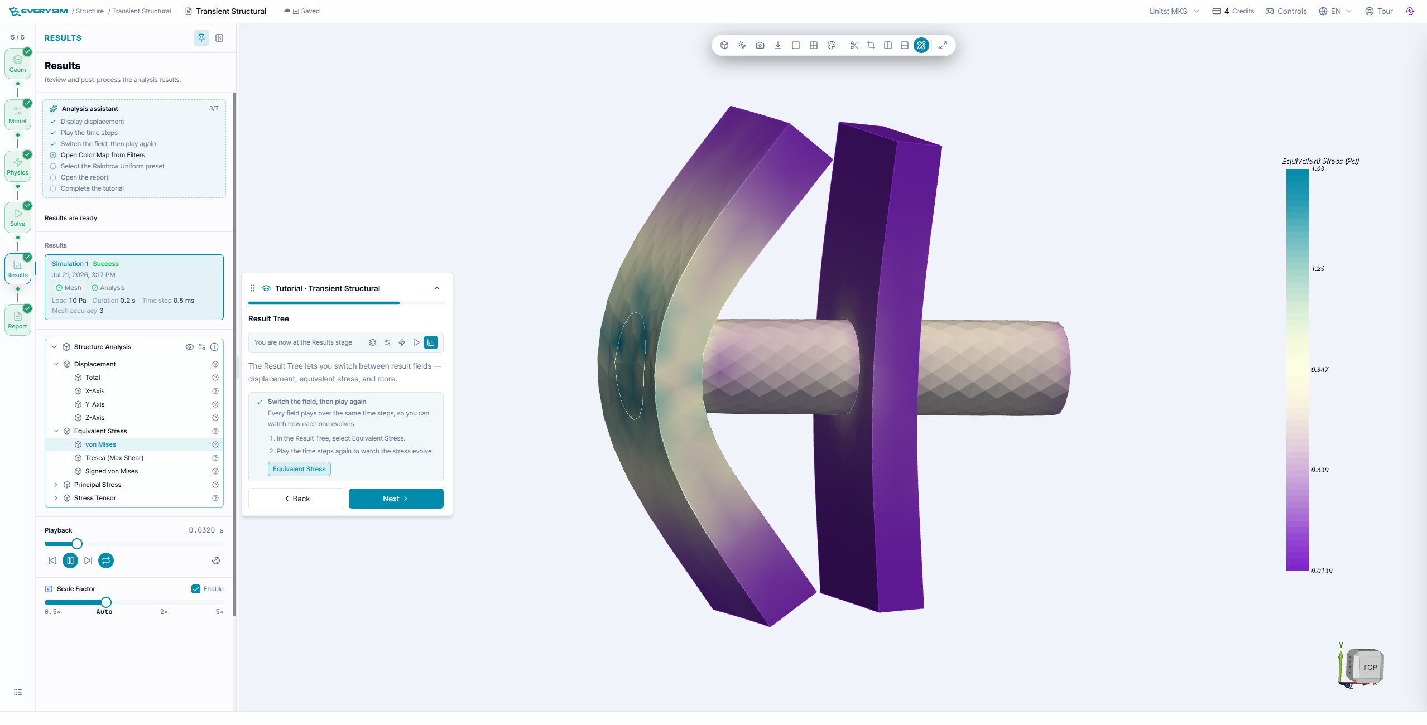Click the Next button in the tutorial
pyautogui.click(x=396, y=499)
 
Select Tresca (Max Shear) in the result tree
pyautogui.click(x=114, y=458)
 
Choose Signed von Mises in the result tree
pyautogui.click(x=112, y=471)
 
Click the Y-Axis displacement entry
pyautogui.click(x=95, y=404)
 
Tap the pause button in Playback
pyautogui.click(x=70, y=560)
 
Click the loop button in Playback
pyautogui.click(x=106, y=560)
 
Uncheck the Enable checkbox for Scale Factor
pyautogui.click(x=196, y=589)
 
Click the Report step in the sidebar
pyautogui.click(x=18, y=320)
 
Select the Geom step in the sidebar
pyautogui.click(x=18, y=63)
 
